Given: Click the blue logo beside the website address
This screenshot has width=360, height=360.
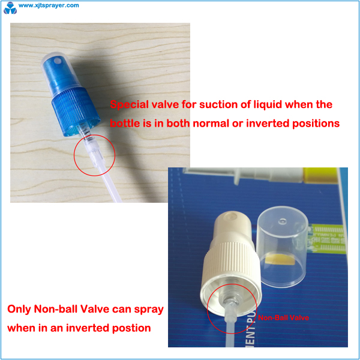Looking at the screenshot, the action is [10, 8].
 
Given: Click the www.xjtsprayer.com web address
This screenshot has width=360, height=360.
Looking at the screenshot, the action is [49, 5].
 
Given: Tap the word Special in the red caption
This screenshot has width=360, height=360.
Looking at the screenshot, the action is [129, 104].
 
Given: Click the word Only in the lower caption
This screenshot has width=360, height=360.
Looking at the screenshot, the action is [19, 309].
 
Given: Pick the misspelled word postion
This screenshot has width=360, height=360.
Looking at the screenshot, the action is [131, 328].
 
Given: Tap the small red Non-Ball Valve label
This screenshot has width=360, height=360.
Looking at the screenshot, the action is [283, 318].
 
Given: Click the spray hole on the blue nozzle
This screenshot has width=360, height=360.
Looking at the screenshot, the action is [58, 61].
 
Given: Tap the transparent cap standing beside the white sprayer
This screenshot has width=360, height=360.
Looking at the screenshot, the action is [283, 247].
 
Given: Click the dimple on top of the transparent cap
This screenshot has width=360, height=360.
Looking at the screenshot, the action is [282, 221].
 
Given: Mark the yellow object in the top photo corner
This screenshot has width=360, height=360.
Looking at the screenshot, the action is [320, 176].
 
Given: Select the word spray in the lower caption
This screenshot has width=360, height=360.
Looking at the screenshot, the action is [149, 310].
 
